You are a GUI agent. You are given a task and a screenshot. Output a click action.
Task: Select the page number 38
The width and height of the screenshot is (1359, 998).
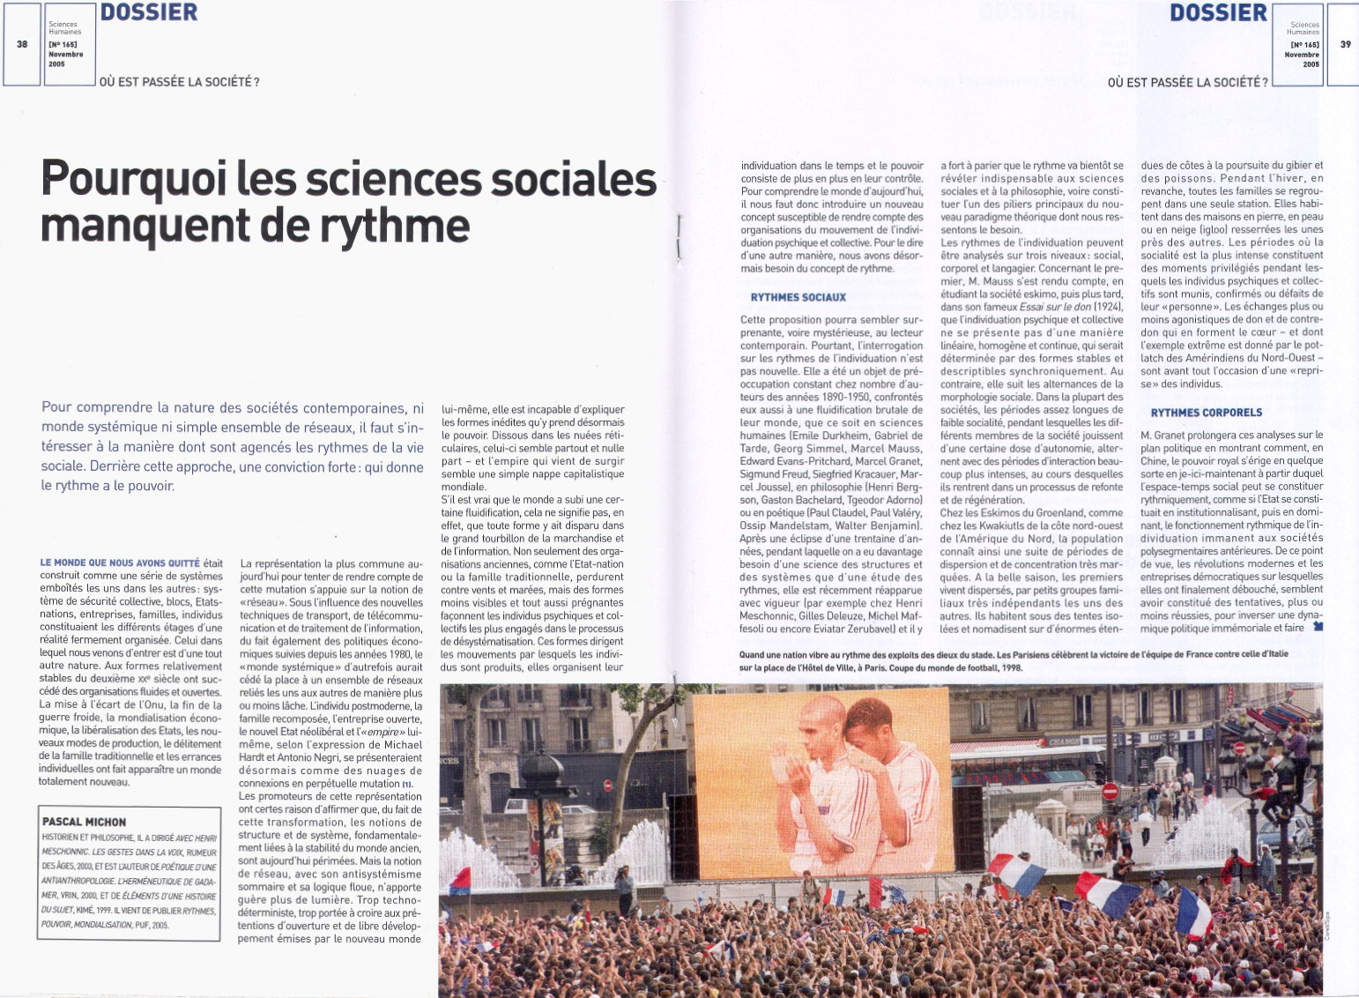[21, 43]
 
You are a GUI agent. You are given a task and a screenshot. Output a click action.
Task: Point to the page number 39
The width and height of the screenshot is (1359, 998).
[1345, 43]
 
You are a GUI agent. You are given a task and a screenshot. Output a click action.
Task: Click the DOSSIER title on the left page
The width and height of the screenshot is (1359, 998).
[149, 12]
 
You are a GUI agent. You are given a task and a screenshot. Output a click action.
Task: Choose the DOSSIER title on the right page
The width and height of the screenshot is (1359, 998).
[1218, 12]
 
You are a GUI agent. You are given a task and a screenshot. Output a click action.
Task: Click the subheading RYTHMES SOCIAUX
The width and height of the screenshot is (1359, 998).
[798, 297]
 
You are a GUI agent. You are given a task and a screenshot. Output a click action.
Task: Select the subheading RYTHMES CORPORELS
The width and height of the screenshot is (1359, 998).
[1206, 413]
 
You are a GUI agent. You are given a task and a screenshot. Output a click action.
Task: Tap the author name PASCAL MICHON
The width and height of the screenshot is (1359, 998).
[85, 822]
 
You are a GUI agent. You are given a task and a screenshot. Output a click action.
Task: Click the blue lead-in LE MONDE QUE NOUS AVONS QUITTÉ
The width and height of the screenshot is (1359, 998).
[120, 562]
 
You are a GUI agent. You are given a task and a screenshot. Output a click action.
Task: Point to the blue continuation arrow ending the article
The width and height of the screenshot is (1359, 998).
[1318, 627]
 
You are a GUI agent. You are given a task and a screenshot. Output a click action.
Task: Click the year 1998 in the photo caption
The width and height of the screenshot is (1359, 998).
[1010, 667]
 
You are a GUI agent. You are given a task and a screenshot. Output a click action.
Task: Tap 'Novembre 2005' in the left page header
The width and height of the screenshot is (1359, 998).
[65, 59]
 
